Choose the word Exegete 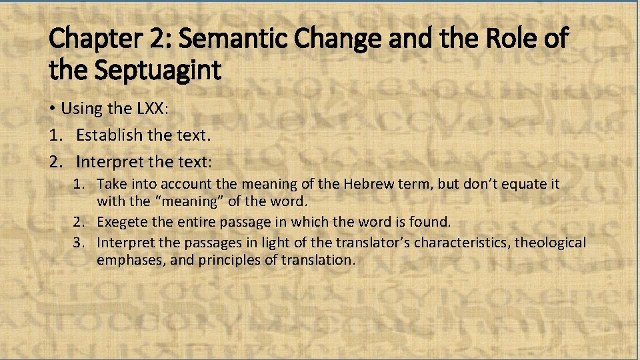coord(123,221)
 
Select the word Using coord(81,109)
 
